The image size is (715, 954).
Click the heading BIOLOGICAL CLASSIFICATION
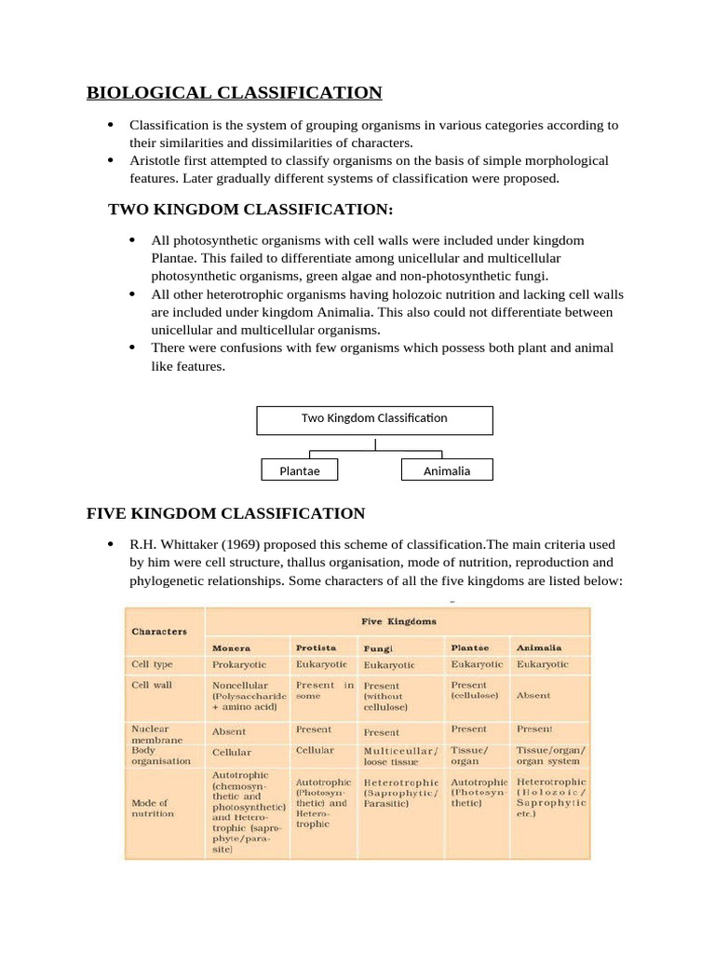234,92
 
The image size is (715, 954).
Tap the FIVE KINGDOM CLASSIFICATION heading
225,513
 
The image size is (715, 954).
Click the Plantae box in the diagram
300,470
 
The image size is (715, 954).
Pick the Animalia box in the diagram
447,470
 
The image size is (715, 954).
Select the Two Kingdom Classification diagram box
374,419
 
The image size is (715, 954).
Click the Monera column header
232,647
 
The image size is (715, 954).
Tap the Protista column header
316,647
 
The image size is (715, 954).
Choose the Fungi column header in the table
379,647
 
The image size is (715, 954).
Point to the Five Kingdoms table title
398,620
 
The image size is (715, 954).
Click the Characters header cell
159,631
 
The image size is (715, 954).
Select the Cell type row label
152,665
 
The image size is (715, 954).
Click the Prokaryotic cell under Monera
239,665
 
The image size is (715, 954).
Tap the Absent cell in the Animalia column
533,695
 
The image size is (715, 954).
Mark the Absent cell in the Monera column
229,732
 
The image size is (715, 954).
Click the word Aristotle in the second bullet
156,160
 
